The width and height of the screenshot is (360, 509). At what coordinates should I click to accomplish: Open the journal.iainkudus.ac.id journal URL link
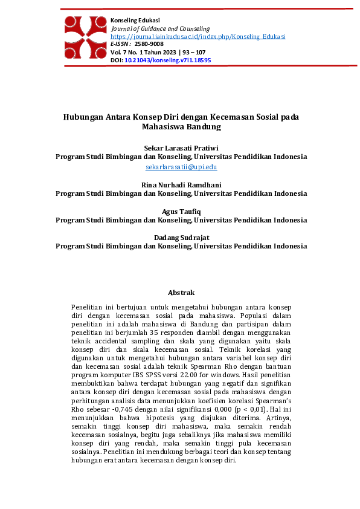[198, 36]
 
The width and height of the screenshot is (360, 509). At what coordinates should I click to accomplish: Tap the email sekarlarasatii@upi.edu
[181, 167]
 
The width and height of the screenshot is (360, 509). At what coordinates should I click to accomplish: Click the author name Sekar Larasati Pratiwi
[181, 148]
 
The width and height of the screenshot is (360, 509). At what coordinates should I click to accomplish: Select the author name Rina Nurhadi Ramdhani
[181, 184]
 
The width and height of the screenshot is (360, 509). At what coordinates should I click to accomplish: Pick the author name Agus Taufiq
[181, 211]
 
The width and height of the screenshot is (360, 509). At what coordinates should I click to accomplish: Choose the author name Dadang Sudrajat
[181, 237]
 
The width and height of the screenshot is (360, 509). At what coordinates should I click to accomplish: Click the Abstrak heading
[181, 293]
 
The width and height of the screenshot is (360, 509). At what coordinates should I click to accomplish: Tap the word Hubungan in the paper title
[84, 117]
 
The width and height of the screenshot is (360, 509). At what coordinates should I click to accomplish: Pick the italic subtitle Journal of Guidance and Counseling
[161, 28]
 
